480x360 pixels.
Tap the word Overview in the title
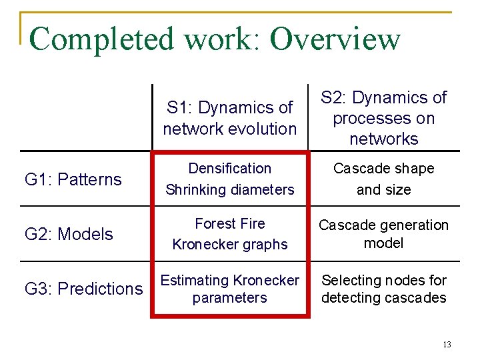click(x=335, y=39)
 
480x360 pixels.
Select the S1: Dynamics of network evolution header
click(x=230, y=118)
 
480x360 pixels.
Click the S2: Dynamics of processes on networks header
click(x=384, y=118)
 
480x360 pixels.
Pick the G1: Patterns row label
click(x=73, y=179)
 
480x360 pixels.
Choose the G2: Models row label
click(x=69, y=234)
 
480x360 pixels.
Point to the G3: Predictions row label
click(x=83, y=289)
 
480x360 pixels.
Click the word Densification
click(x=230, y=169)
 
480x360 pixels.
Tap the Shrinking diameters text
click(x=230, y=190)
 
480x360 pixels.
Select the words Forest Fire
click(x=230, y=224)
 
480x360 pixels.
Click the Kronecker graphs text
click(x=230, y=245)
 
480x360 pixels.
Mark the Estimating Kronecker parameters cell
click(x=230, y=289)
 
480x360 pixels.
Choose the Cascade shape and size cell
click(x=384, y=179)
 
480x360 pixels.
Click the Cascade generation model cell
click(x=384, y=234)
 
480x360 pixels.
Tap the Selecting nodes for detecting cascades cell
click(x=384, y=289)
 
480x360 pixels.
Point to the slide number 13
click(x=447, y=345)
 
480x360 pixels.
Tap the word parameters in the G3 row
click(x=230, y=298)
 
